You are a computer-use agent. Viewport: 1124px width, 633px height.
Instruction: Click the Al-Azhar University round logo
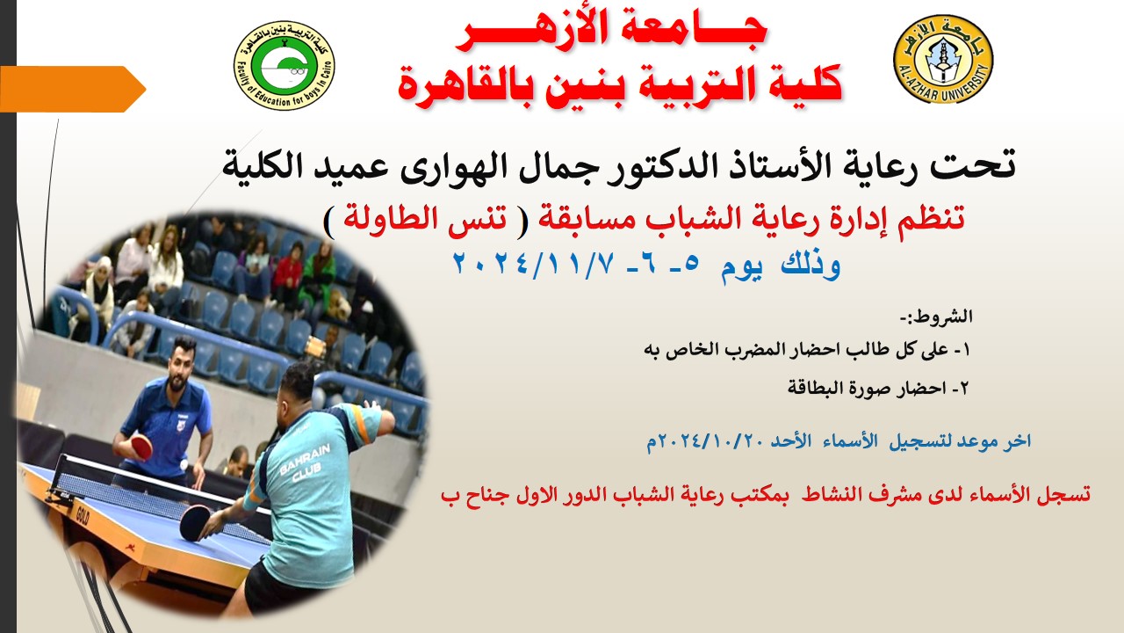click(x=943, y=59)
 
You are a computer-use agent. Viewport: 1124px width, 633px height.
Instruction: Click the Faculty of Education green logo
click(x=285, y=65)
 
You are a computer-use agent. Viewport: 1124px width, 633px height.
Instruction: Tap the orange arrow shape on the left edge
click(x=73, y=89)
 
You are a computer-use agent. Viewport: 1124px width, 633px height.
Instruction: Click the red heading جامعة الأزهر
click(x=610, y=32)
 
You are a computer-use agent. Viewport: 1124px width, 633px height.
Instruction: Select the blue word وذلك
click(x=811, y=265)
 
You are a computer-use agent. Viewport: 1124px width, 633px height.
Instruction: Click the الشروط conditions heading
click(x=936, y=317)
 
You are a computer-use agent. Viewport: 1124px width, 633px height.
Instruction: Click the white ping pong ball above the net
click(x=184, y=465)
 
